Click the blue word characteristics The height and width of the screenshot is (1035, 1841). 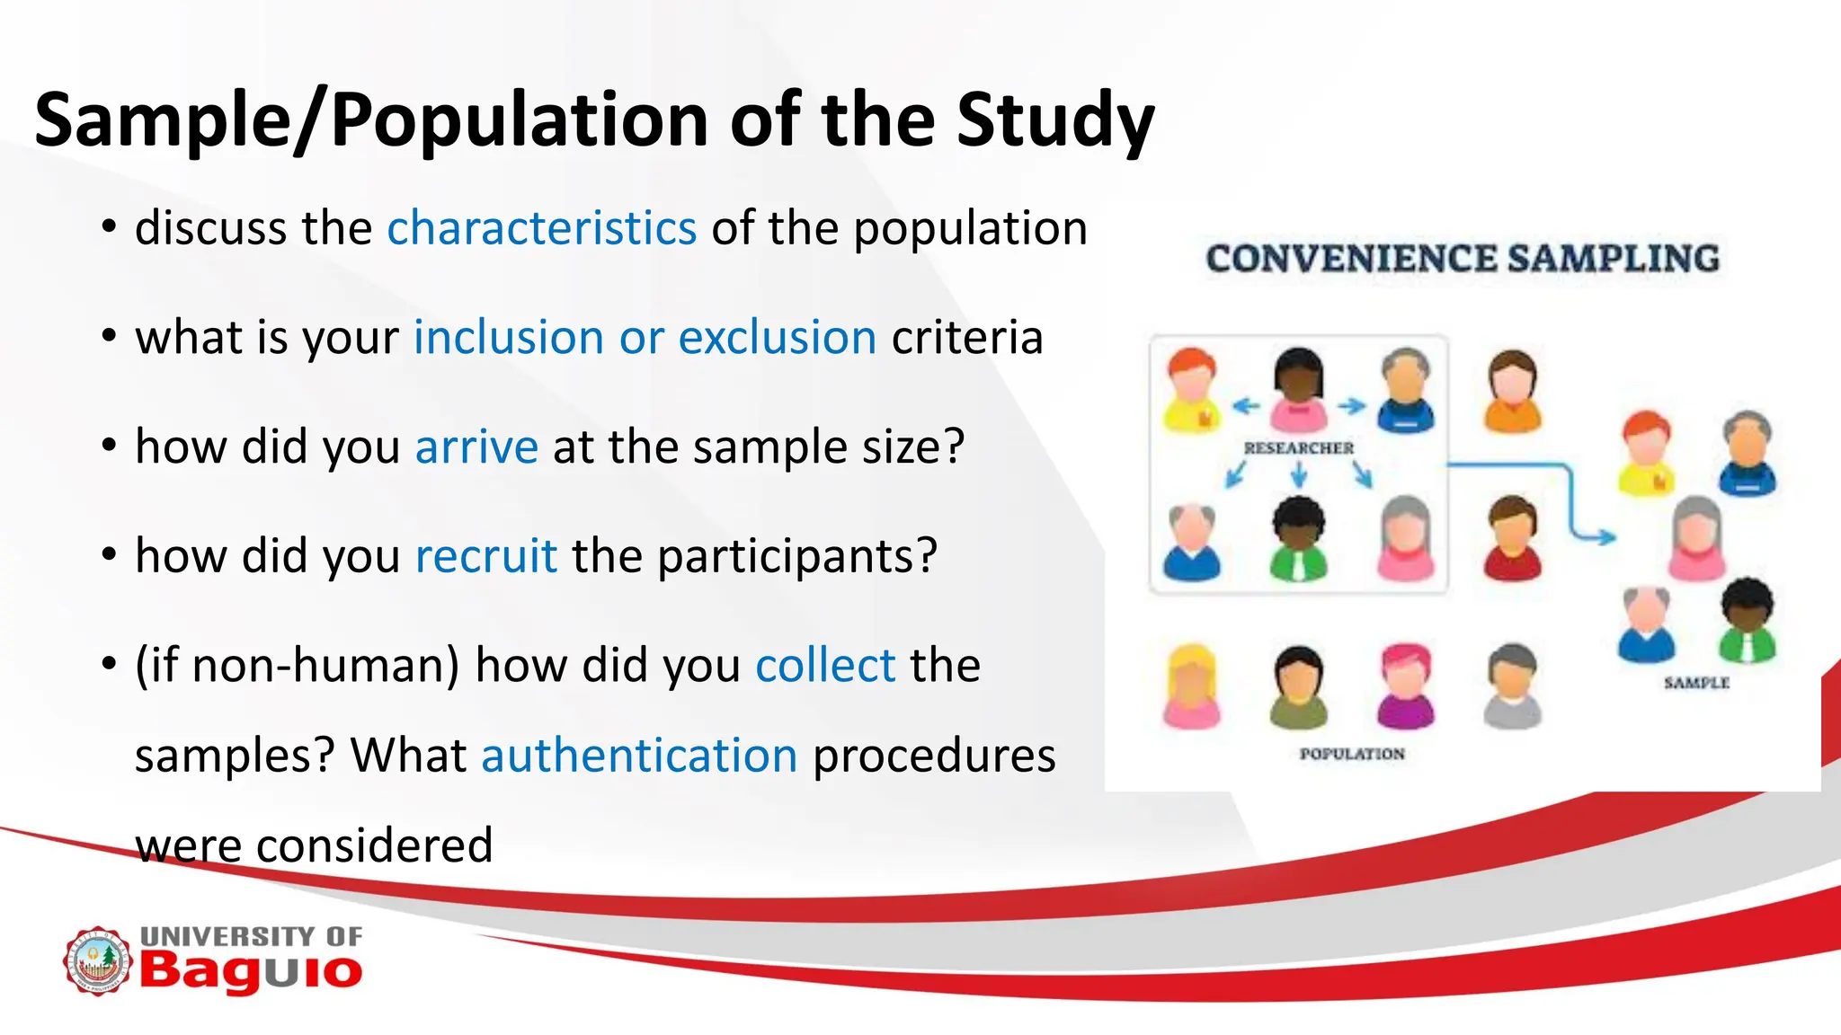click(541, 228)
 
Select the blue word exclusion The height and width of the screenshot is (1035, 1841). click(777, 338)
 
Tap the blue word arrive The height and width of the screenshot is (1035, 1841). click(476, 447)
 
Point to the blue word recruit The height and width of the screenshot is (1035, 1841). click(485, 556)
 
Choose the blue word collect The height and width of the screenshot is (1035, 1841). click(825, 666)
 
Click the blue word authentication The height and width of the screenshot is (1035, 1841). click(639, 756)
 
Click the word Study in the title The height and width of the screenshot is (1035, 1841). click(1054, 121)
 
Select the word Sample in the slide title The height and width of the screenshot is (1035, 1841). click(163, 121)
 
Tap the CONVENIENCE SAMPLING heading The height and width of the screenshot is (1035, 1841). click(1462, 259)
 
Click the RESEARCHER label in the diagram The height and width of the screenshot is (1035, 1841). click(1298, 447)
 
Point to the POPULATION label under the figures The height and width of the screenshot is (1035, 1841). click(1351, 754)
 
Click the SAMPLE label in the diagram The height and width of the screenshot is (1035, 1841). click(1695, 683)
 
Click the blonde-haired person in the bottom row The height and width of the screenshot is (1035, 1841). click(1191, 686)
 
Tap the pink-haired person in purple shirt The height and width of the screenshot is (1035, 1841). click(1406, 686)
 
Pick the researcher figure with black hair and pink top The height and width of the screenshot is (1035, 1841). click(1298, 388)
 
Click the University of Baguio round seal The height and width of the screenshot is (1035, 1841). click(96, 961)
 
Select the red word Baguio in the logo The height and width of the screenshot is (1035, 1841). click(250, 972)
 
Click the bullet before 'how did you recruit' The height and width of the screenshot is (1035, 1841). click(109, 555)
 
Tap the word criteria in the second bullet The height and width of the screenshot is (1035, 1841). click(966, 338)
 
